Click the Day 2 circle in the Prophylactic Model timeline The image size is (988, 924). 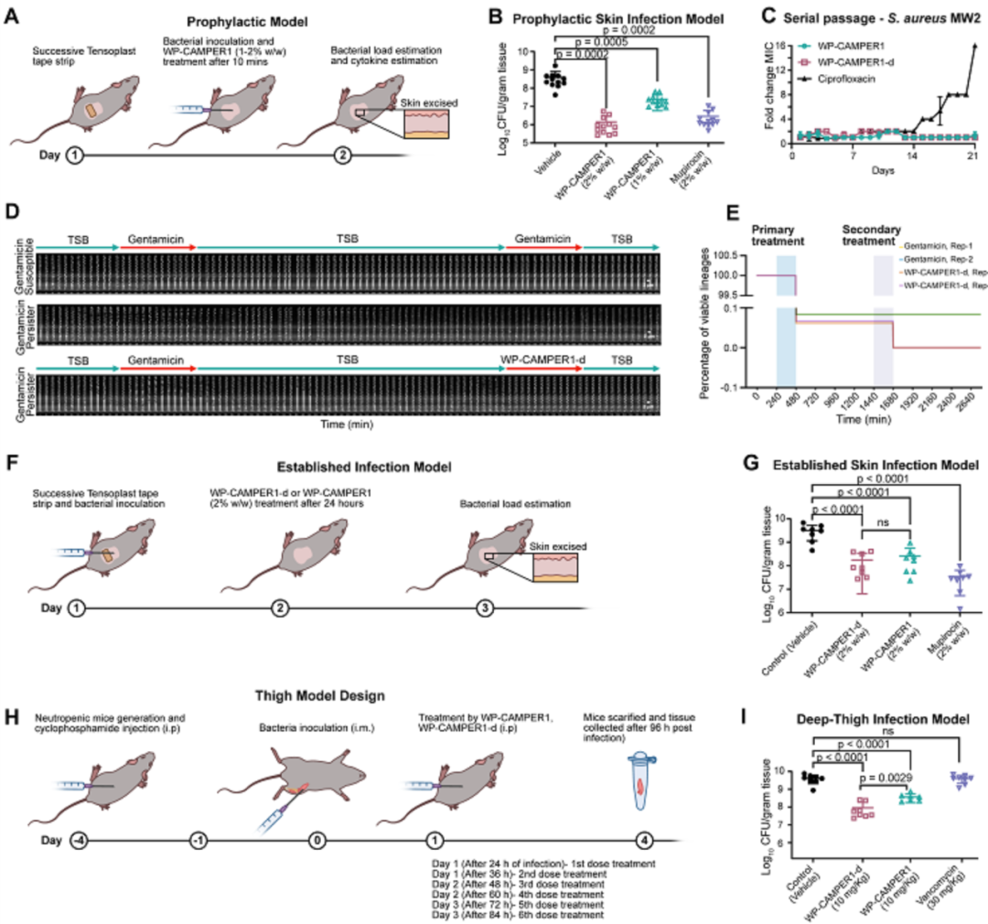point(341,155)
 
